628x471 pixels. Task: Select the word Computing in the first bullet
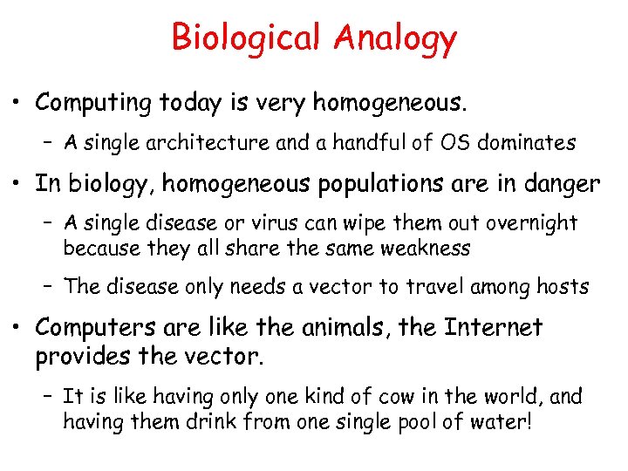[93, 104]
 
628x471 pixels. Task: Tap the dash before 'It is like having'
[49, 398]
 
